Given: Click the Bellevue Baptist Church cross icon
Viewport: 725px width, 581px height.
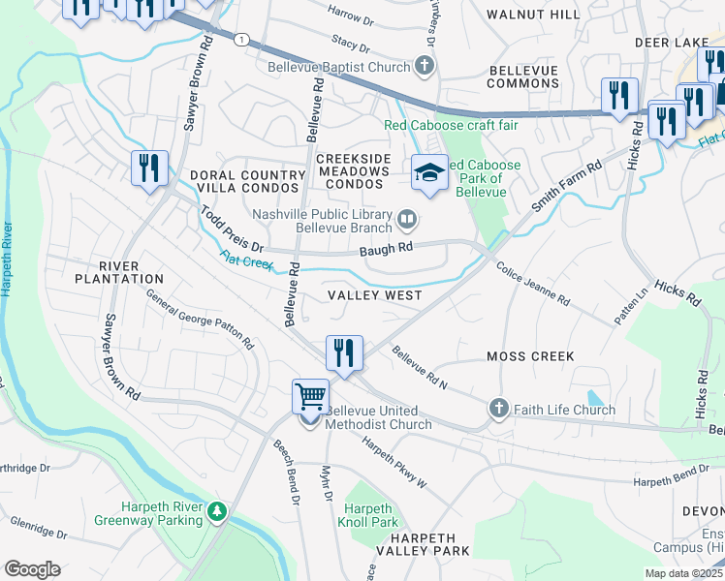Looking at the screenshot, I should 424,67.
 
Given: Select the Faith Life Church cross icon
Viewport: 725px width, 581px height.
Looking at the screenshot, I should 499,409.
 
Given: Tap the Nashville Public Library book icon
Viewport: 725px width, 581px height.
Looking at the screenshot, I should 408,222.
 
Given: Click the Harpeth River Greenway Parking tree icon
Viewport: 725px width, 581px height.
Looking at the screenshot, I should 219,510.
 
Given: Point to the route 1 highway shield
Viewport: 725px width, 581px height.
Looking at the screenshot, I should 240,38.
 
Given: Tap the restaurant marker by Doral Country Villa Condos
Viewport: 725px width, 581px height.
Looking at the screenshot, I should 150,168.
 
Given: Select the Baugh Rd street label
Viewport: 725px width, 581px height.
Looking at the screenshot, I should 386,248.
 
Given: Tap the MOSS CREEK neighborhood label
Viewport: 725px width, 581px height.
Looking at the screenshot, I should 530,356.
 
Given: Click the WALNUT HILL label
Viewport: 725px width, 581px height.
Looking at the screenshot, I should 533,15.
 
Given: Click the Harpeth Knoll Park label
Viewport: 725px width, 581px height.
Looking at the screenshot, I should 370,515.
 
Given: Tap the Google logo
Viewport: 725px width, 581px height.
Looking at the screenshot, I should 32,569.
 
